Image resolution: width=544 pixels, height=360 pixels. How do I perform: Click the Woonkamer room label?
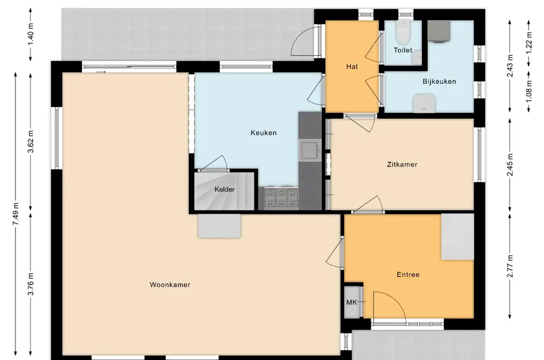point(170,285)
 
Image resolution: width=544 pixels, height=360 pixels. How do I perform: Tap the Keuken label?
point(264,132)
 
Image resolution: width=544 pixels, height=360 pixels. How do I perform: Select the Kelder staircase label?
point(225,189)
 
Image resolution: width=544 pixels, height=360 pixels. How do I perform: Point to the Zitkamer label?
point(402,164)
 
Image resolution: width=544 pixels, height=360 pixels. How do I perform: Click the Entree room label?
point(408,275)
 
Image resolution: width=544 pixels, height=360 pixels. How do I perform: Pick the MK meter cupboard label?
point(352,302)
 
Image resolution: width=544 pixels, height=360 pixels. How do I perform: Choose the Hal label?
point(352,66)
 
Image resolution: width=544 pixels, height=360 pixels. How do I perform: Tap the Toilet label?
point(403,50)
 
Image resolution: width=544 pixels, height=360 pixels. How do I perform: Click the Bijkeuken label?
point(439,81)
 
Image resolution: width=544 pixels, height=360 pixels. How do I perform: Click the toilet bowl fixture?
point(404,32)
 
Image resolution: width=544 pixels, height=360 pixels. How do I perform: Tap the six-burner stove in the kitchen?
point(281,198)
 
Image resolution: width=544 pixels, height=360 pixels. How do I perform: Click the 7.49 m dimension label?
point(16,214)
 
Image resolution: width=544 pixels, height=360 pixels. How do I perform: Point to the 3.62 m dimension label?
point(31,142)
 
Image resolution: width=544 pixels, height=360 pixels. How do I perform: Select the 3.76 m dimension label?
point(31,283)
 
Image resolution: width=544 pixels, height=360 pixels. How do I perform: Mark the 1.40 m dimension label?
point(31,33)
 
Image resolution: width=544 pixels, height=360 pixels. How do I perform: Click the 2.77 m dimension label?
point(510,266)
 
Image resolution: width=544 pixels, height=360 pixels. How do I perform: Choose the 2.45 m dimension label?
point(510,164)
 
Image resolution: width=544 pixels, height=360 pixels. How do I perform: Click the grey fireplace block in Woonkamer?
point(219,226)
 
